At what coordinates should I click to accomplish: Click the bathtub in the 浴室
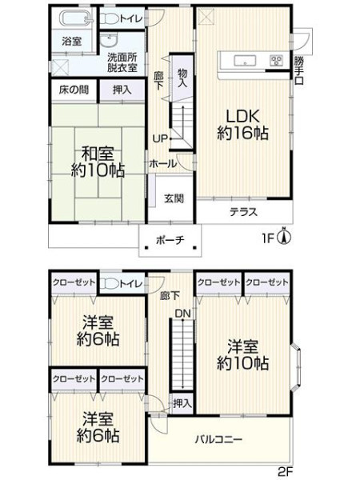pos(75,18)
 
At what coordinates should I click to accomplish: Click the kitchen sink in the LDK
pos(245,60)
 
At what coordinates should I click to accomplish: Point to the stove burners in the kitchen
pos(276,60)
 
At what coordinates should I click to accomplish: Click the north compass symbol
pos(284,237)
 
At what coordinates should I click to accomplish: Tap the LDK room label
pos(243,125)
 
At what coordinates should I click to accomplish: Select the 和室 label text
pos(98,154)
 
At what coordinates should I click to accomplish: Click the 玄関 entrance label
pos(174,198)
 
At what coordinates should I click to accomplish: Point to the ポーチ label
pos(170,240)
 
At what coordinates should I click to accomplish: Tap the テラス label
pos(244,212)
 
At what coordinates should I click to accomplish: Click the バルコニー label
pos(219,439)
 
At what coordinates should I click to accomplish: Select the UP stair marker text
pos(160,138)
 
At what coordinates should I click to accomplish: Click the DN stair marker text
pos(182,313)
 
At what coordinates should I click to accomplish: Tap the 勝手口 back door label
pos(298,70)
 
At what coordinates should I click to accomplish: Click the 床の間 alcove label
pos(74,90)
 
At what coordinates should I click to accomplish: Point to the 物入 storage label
pos(182,78)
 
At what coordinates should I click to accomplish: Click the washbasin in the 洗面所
pos(108,40)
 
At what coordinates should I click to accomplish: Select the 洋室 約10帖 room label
pos(243,354)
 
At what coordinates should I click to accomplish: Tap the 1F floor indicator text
pos(267,238)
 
